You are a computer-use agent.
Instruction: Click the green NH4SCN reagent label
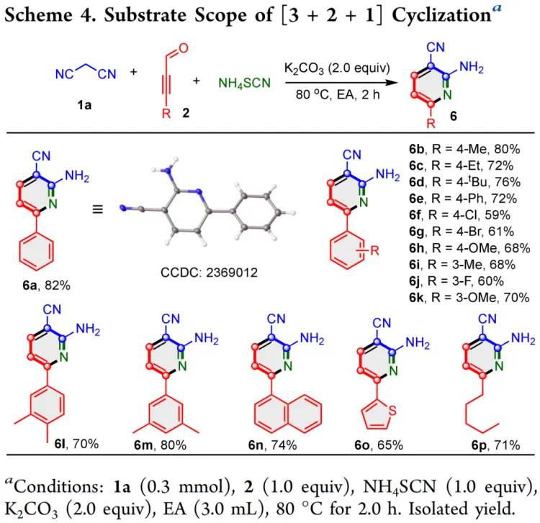click(245, 83)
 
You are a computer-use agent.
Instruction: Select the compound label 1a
click(84, 105)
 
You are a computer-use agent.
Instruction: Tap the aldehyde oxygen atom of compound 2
click(183, 47)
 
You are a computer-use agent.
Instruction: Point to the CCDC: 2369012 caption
click(209, 273)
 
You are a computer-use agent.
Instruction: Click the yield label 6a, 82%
click(46, 286)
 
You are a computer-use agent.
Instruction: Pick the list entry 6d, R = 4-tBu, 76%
click(464, 182)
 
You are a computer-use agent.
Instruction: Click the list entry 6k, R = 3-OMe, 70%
click(469, 297)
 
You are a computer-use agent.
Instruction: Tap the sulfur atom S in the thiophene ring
click(392, 411)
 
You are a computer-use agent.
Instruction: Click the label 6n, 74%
click(272, 445)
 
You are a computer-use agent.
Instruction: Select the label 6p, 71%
click(495, 445)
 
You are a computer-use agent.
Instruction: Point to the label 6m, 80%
click(160, 445)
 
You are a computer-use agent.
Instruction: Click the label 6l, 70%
click(76, 444)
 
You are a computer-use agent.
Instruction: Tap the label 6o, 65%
click(379, 445)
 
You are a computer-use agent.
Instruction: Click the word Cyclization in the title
click(441, 15)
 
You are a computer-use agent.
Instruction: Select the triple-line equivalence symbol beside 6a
click(98, 209)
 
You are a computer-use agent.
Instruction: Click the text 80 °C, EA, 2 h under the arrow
click(338, 94)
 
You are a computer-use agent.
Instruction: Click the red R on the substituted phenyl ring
click(374, 250)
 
